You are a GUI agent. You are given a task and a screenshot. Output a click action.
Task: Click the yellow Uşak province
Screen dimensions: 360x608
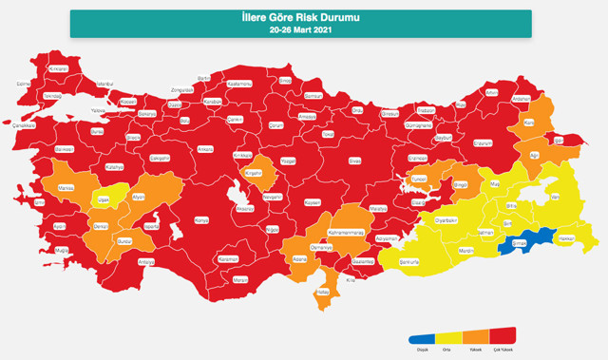click(x=103, y=199)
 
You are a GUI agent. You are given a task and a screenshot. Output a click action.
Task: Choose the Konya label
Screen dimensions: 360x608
click(x=200, y=219)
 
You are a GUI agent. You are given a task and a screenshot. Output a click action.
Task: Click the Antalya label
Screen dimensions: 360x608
click(x=145, y=261)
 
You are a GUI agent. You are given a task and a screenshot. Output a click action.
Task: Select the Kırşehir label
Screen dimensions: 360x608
click(x=253, y=174)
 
